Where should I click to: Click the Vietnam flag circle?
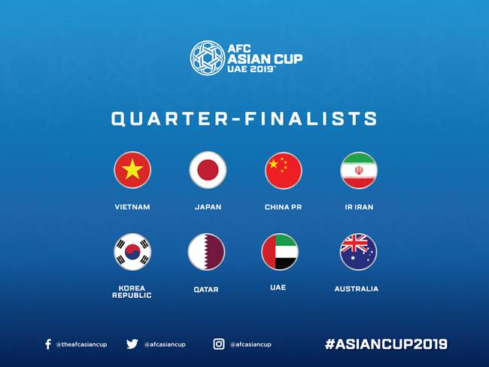132,170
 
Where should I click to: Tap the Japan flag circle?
208,170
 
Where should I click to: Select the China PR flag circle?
283,170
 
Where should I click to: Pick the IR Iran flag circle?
359,170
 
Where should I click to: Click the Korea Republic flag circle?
132,252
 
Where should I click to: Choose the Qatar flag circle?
206,252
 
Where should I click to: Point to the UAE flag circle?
280,252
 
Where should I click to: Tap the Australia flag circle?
358,252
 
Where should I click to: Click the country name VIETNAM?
132,207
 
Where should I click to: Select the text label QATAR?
206,289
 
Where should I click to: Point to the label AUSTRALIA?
357,289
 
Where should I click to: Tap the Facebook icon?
48,344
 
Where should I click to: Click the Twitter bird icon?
132,344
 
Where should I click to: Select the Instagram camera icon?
219,344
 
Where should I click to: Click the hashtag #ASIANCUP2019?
386,344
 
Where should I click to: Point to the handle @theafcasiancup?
81,344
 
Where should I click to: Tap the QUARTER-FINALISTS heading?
244,119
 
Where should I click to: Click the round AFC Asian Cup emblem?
207,58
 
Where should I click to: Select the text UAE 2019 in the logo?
251,69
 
